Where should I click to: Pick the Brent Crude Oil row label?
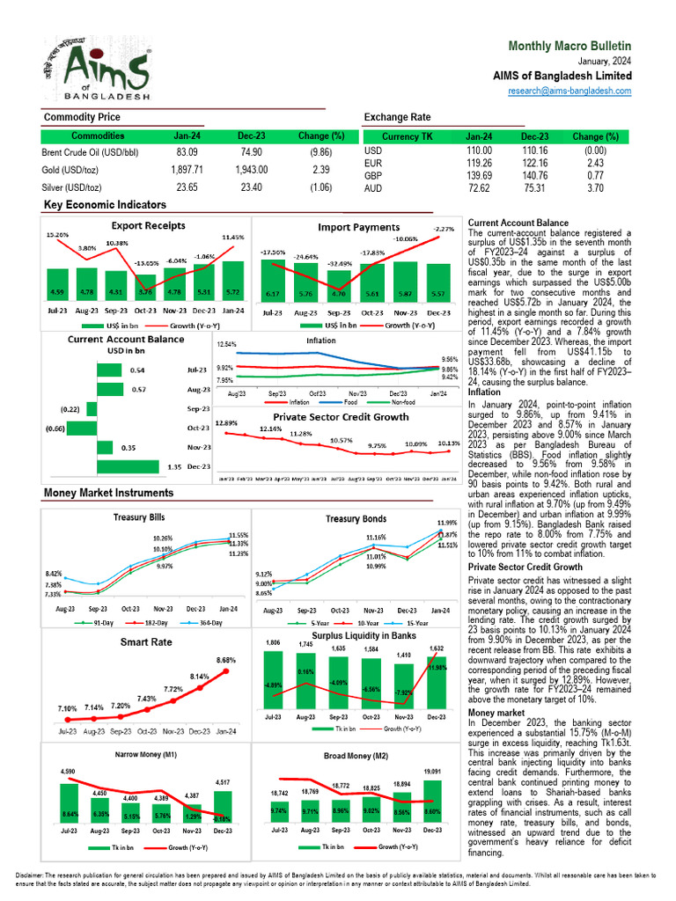tap(91, 152)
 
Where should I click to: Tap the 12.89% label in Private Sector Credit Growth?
tap(228, 423)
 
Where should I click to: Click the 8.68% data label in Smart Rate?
tap(225, 660)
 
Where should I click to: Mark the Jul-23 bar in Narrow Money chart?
tap(68, 807)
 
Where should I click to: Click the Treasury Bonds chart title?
tap(356, 519)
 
